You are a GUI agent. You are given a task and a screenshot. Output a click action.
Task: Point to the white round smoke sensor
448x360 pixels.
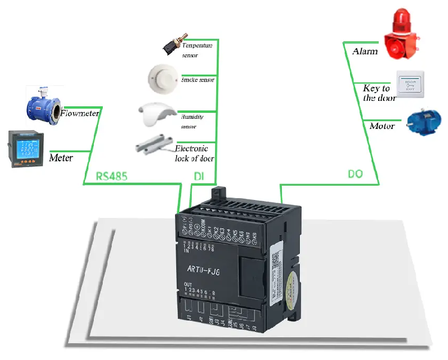click(162, 76)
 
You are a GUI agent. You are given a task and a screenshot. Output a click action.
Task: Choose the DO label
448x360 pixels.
click(355, 174)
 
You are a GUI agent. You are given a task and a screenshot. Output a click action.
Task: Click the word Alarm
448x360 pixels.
click(365, 52)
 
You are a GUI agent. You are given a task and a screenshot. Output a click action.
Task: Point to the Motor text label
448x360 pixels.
click(383, 126)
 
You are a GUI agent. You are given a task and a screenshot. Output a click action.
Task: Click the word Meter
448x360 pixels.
click(61, 158)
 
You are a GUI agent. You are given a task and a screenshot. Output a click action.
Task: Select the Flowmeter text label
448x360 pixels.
click(80, 112)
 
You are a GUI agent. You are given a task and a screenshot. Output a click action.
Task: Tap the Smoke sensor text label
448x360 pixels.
click(198, 79)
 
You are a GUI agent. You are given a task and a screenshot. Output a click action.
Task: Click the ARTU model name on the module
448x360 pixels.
click(204, 269)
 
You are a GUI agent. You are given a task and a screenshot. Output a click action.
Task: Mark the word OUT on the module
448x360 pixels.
click(188, 284)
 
